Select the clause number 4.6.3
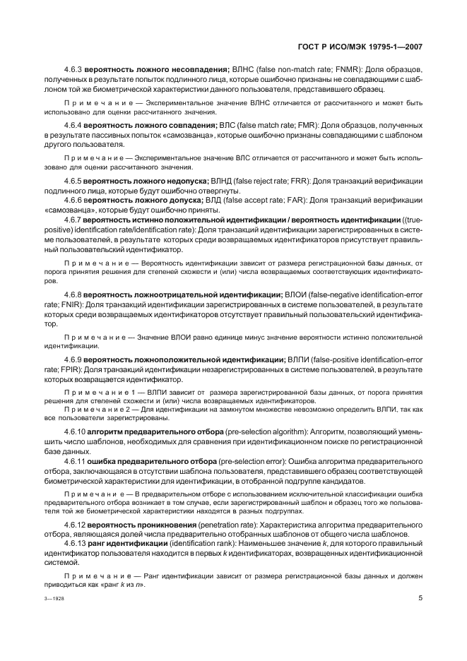[73, 69]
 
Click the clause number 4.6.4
[73, 125]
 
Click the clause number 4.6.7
[73, 219]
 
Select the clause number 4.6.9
[73, 359]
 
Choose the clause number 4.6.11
[75, 460]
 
